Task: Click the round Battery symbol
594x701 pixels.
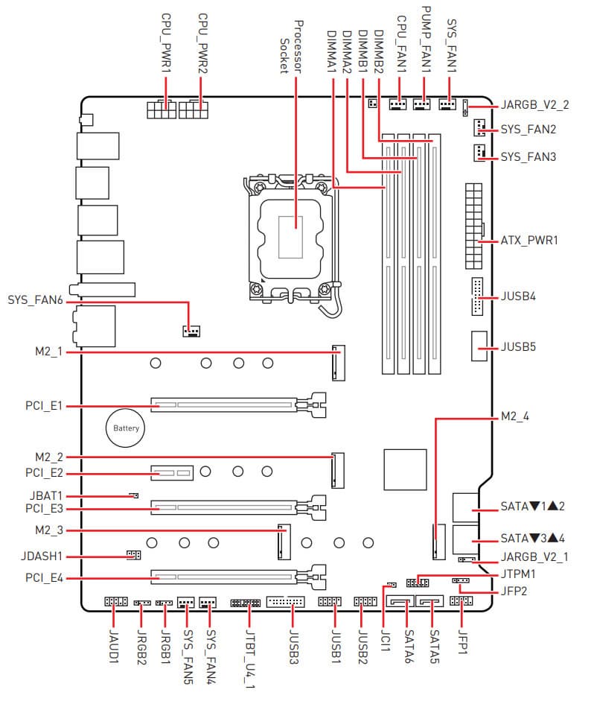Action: (x=126, y=428)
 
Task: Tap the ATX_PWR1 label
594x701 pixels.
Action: (x=528, y=241)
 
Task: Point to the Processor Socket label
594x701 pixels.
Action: (x=290, y=46)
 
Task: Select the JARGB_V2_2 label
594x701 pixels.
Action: (x=535, y=104)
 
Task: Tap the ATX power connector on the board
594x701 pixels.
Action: (x=472, y=226)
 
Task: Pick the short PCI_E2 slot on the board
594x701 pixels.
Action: (x=172, y=472)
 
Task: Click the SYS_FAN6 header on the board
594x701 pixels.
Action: (x=191, y=329)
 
